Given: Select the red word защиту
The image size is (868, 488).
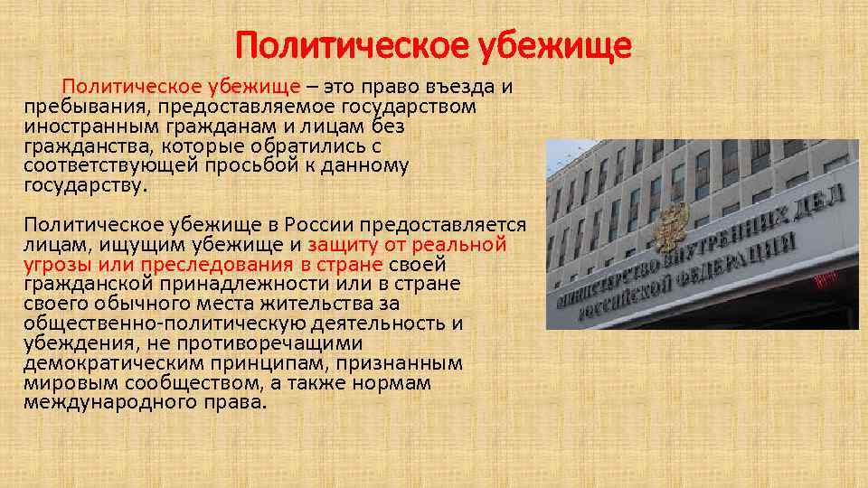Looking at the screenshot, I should pyautogui.click(x=344, y=245).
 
